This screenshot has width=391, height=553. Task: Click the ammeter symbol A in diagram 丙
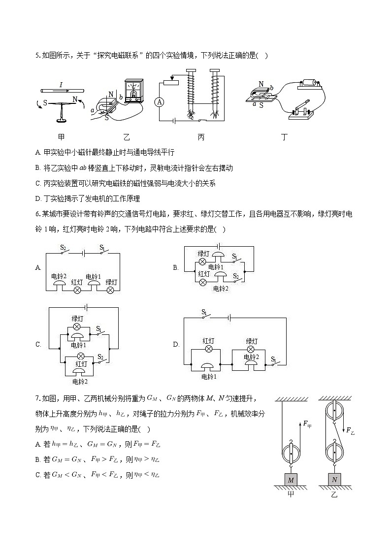159,102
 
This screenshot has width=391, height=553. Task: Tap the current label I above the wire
61,84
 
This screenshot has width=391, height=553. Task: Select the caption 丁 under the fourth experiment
284,137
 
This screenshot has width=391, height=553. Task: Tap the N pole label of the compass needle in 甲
75,99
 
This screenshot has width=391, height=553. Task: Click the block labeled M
291,479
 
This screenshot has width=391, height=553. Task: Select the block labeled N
334,479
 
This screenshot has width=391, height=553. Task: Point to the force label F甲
307,423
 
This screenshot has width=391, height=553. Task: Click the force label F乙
350,430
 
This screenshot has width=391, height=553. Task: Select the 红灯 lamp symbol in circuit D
208,349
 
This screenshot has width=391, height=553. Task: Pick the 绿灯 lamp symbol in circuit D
252,349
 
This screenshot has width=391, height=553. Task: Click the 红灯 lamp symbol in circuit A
77,291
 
